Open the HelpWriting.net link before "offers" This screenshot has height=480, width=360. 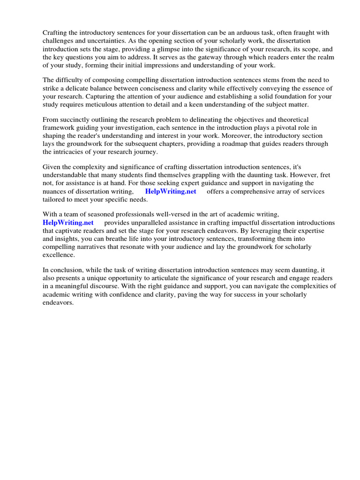[171, 191]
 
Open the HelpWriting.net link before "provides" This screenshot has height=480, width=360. [68, 223]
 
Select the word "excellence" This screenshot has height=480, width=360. [59, 255]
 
